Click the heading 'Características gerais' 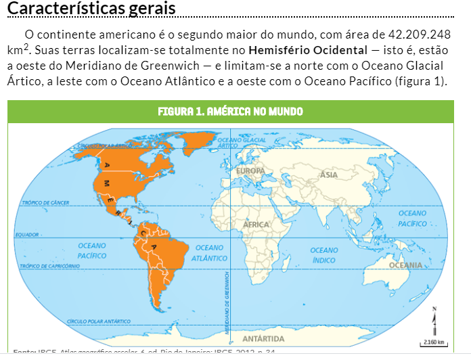click(x=91, y=9)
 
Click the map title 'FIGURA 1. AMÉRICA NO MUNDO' click(x=230, y=111)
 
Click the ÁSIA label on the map click(x=329, y=175)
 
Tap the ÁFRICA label click(x=257, y=224)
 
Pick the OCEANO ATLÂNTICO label click(x=209, y=252)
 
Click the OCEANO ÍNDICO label click(x=324, y=255)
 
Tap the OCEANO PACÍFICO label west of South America click(x=92, y=250)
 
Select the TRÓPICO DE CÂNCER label click(x=46, y=202)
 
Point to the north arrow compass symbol click(x=434, y=317)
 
